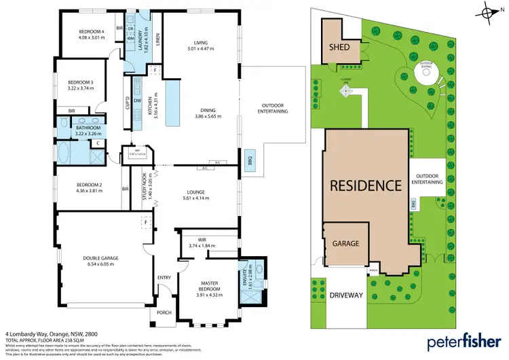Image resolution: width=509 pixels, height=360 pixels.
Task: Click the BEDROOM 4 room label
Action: (x=92, y=32)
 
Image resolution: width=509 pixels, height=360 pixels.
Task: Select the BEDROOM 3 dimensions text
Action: (x=81, y=88)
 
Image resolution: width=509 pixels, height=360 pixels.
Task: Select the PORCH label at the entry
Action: (x=164, y=313)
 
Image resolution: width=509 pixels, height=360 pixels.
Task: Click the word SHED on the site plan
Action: (x=339, y=48)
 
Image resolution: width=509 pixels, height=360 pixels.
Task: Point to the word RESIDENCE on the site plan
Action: (x=364, y=185)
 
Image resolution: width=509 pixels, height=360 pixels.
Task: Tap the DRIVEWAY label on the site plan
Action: (x=346, y=295)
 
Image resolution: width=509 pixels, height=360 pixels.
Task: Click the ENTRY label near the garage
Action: (x=164, y=277)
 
